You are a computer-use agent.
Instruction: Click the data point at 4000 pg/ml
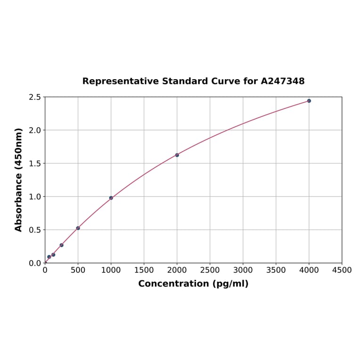309,101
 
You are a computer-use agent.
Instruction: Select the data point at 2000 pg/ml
177,155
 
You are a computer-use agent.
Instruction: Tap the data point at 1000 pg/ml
111,198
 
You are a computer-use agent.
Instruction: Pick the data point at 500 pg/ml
78,228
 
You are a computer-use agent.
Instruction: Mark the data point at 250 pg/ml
62,245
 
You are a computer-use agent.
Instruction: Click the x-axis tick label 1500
144,270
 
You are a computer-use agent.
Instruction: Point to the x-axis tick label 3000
243,270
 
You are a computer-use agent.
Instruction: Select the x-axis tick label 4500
342,270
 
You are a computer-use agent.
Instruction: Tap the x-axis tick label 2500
210,270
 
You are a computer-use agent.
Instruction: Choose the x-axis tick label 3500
276,270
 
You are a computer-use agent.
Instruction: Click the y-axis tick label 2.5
35,97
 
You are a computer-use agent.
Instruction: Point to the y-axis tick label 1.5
35,164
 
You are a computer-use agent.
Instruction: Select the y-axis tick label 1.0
35,196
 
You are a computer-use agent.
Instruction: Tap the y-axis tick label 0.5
35,230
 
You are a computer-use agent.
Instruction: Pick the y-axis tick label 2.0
35,130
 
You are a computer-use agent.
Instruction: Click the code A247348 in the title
283,81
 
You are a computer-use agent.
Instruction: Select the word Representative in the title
120,81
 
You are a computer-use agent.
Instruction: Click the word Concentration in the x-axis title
173,284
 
